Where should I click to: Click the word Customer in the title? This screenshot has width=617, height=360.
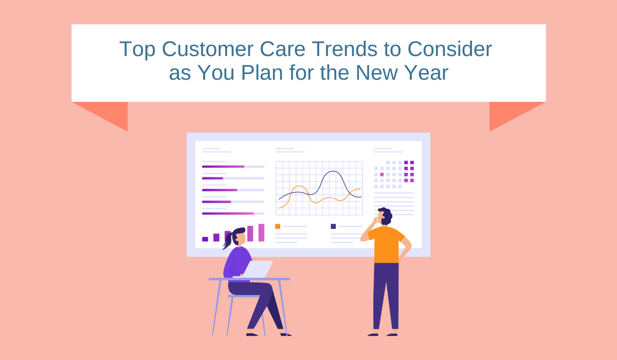tap(208, 49)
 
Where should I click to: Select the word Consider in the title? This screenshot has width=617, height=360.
tap(449, 49)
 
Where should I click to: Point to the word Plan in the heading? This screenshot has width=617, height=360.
tap(262, 73)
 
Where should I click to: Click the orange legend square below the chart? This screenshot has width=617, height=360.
tap(278, 226)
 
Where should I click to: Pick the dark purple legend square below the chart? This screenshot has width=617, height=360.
tap(333, 226)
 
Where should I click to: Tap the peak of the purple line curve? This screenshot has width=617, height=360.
tap(333, 171)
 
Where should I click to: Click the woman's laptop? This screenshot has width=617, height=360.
tap(258, 269)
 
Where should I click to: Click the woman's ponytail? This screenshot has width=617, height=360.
tap(228, 241)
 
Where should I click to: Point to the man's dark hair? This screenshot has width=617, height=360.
tap(386, 215)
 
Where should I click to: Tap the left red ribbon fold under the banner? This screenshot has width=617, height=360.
tap(107, 114)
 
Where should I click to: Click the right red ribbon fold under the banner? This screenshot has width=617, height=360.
tap(510, 114)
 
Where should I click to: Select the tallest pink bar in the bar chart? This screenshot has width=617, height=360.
tap(261, 233)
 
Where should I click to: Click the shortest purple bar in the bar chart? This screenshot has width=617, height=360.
tap(205, 239)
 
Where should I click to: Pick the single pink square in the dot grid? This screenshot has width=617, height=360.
tap(382, 174)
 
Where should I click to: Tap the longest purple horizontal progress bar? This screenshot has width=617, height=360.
tap(228, 213)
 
